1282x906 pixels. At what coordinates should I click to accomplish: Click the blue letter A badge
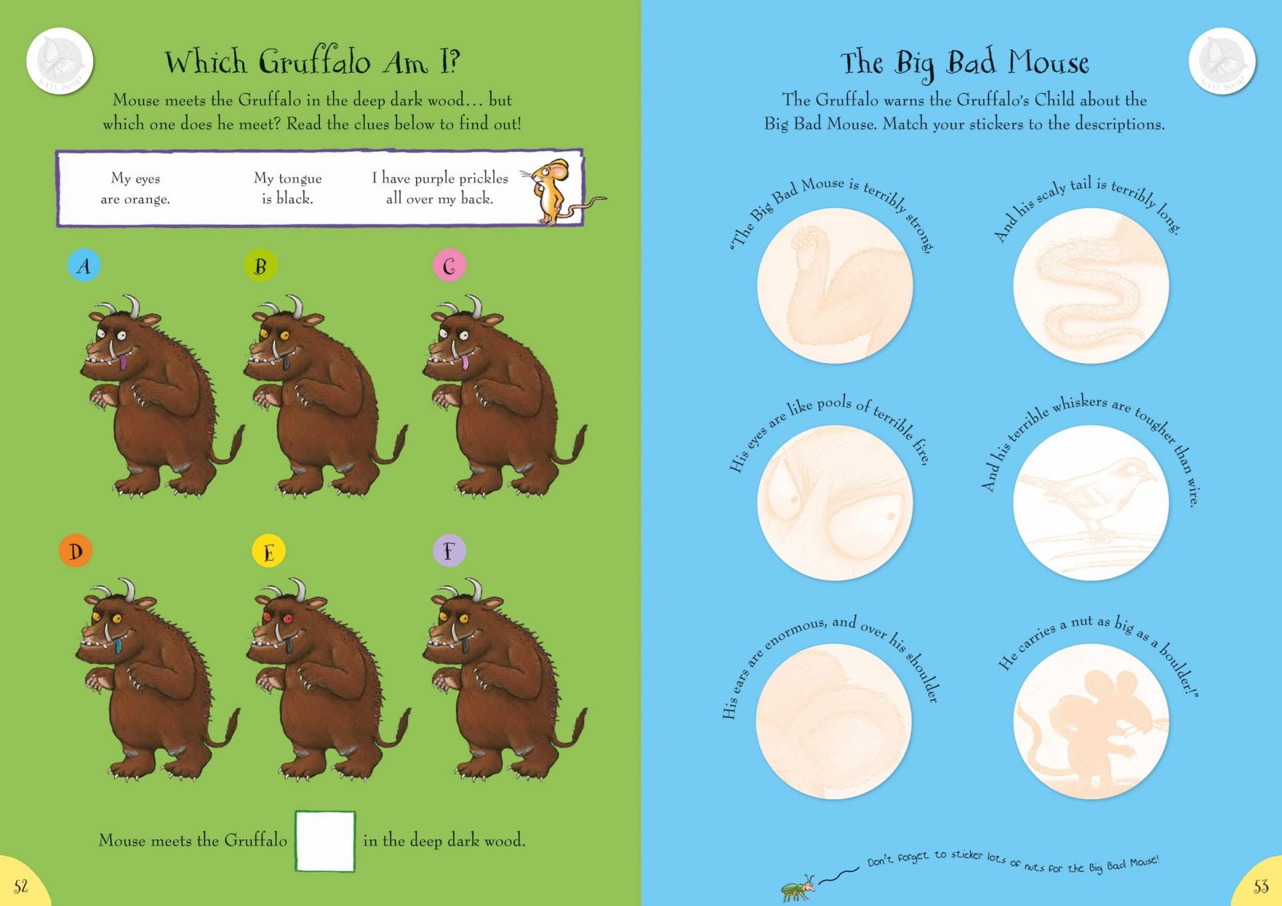tap(84, 265)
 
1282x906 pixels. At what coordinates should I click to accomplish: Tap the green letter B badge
tap(260, 265)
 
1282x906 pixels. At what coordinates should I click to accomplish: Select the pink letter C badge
tap(449, 265)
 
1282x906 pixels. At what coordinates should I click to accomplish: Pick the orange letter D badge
tap(76, 550)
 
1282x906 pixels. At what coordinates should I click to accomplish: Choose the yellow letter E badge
tap(269, 551)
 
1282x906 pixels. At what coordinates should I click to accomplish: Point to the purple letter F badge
tap(449, 550)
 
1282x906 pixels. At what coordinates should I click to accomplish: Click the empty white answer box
tap(325, 841)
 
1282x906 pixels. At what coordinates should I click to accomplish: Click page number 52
tap(21, 887)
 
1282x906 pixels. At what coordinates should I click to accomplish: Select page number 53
tap(1260, 887)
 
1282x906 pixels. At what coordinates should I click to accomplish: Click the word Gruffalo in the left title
tap(315, 63)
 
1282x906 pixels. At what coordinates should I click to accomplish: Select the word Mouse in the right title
tap(1047, 63)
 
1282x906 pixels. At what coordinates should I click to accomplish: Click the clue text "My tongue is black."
tap(287, 188)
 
